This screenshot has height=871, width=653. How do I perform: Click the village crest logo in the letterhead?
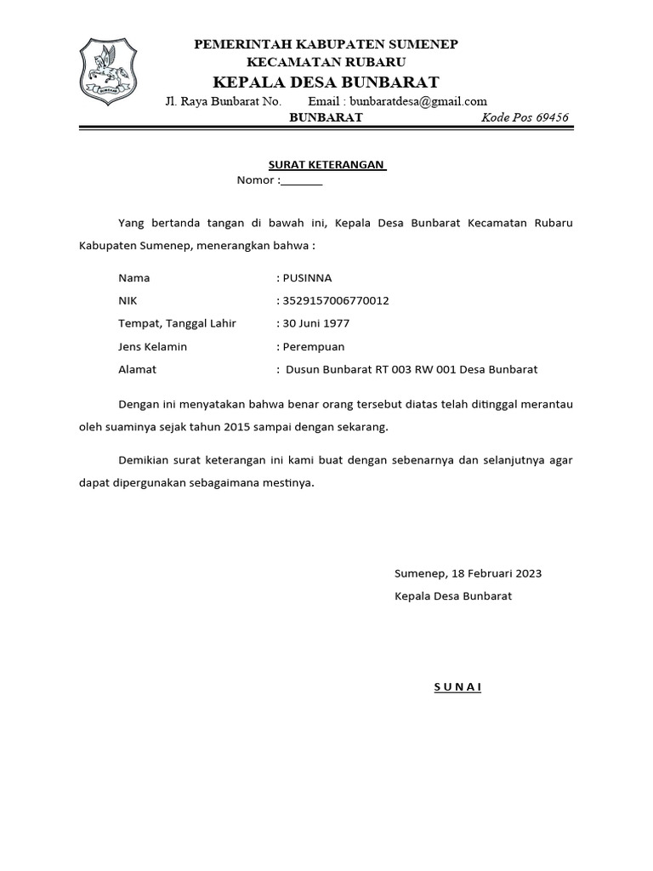pyautogui.click(x=106, y=72)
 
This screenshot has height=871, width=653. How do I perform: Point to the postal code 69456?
pyautogui.click(x=549, y=117)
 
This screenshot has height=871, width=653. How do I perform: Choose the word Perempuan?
pyautogui.click(x=314, y=346)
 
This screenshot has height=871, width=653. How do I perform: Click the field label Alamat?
pyautogui.click(x=138, y=369)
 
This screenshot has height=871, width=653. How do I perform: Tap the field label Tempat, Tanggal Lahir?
pyautogui.click(x=177, y=323)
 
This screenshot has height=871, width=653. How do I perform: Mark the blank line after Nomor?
pyautogui.click(x=302, y=181)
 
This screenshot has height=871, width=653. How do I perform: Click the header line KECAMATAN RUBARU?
pyautogui.click(x=326, y=62)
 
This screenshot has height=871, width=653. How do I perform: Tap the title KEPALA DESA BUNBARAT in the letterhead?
pyautogui.click(x=326, y=82)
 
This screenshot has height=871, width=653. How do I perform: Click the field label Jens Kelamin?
pyautogui.click(x=153, y=346)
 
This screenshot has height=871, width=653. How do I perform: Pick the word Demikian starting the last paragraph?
pyautogui.click(x=146, y=460)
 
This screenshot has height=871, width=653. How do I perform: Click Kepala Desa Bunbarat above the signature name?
pyautogui.click(x=453, y=596)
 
